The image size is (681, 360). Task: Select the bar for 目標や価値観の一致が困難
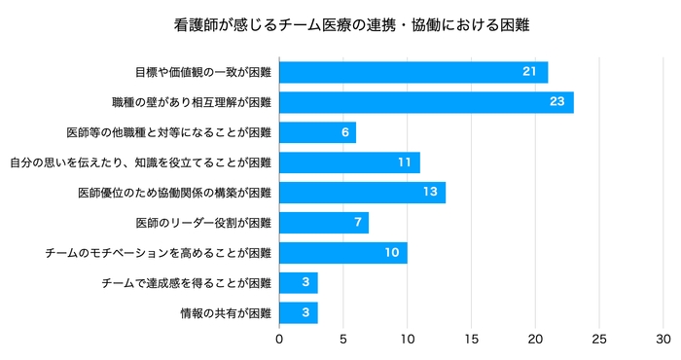(x=413, y=73)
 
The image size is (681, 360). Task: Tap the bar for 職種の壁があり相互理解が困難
(x=426, y=102)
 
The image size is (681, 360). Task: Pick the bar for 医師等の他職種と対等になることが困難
(x=317, y=132)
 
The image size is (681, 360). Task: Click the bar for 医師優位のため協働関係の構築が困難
(x=362, y=193)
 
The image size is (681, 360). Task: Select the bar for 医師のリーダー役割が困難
(x=324, y=223)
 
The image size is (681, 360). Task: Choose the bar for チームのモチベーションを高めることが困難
(x=342, y=253)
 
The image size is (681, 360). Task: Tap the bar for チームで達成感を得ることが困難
(x=299, y=283)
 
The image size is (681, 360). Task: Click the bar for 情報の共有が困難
(x=299, y=313)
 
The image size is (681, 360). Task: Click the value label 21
(x=530, y=73)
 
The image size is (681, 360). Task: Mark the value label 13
(x=428, y=193)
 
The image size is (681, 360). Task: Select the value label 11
(x=403, y=162)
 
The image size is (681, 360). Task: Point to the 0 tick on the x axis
(x=280, y=340)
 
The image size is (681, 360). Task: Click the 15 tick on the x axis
(x=472, y=340)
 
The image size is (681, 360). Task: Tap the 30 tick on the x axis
(x=663, y=340)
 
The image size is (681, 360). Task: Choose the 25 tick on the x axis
(x=599, y=340)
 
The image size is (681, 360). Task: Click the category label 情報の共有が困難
(x=226, y=313)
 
